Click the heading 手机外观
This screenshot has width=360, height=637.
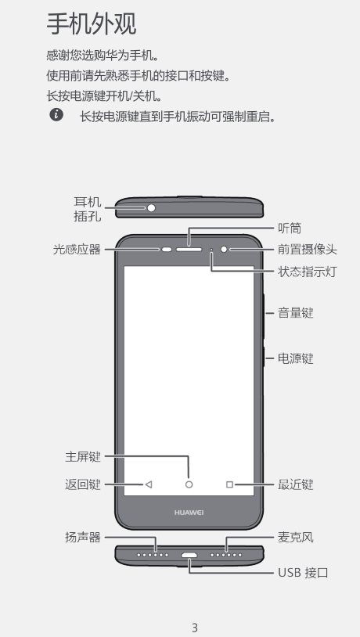click(x=92, y=24)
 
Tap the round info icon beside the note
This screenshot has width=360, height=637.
click(x=56, y=115)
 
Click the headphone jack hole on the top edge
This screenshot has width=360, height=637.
click(x=151, y=208)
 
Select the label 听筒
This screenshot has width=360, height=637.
click(x=290, y=229)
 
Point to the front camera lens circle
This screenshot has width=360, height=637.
click(x=224, y=249)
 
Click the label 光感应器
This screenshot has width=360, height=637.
click(x=77, y=249)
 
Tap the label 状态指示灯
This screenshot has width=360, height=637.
click(x=308, y=272)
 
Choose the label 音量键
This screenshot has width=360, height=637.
click(x=295, y=313)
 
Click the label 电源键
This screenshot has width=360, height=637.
click(x=295, y=358)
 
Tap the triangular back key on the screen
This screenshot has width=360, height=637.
click(x=149, y=484)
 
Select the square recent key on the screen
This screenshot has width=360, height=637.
click(x=229, y=484)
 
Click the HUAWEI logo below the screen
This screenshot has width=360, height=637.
click(x=189, y=513)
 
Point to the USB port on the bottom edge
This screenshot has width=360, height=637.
click(x=189, y=555)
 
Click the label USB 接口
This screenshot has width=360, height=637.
click(x=303, y=573)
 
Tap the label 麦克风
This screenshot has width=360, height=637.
click(x=295, y=538)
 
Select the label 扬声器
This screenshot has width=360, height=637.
click(x=82, y=538)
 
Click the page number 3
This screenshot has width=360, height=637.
click(x=195, y=628)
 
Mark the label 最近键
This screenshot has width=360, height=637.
click(x=295, y=484)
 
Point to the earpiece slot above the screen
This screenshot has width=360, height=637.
click(x=189, y=249)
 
